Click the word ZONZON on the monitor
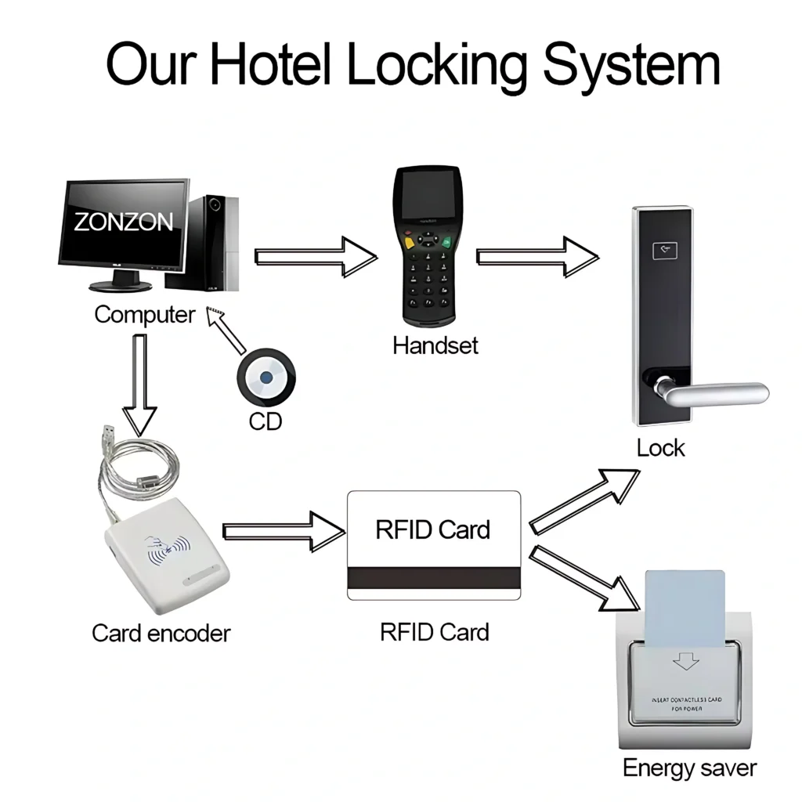point(124,222)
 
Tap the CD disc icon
point(266,378)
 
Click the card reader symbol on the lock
point(664,251)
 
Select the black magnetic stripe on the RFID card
point(434,578)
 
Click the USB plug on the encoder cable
point(108,435)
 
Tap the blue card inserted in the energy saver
point(685,608)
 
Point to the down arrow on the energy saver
point(686,661)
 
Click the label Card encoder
point(161,633)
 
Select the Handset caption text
point(435,345)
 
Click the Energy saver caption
point(689,768)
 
